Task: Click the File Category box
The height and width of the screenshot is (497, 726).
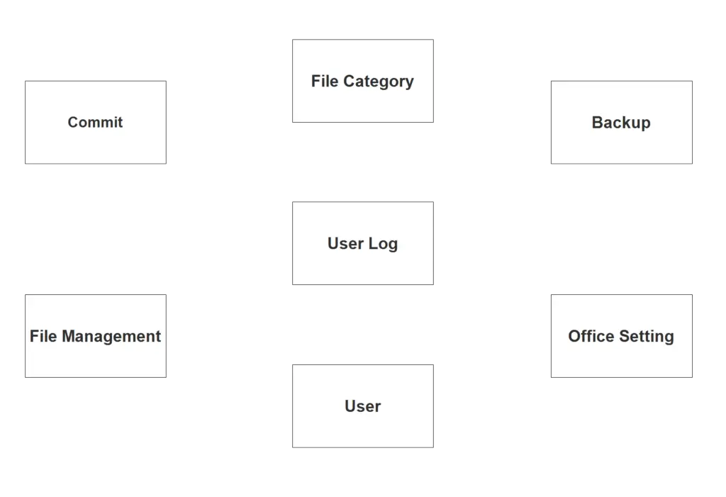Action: tap(362, 82)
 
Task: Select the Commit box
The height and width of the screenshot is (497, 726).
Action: tap(96, 122)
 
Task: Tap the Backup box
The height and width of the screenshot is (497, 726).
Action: tap(621, 122)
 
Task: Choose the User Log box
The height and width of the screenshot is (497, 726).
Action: tap(362, 243)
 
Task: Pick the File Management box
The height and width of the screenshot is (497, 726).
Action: tap(96, 336)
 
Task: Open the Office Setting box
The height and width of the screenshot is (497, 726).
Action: tap(621, 336)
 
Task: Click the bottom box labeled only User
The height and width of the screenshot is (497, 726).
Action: tap(362, 406)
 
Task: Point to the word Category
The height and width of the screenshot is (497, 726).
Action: tap(378, 82)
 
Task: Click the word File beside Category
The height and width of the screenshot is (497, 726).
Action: tap(325, 82)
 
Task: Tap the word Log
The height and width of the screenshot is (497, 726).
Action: tap(383, 244)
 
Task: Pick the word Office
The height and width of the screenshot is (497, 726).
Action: tap(591, 336)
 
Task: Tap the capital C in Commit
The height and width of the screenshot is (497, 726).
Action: tap(72, 122)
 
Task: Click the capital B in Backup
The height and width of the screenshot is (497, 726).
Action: tap(597, 122)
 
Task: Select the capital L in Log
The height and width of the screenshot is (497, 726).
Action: tap(372, 244)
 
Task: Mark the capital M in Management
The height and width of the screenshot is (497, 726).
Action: tap(67, 336)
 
